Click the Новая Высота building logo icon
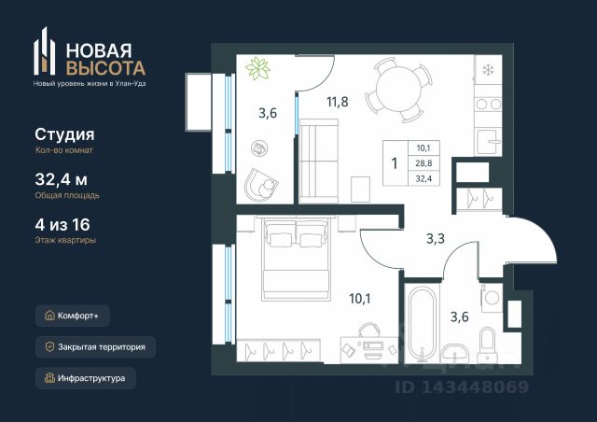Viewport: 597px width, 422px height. point(45,51)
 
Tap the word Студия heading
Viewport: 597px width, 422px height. point(64,134)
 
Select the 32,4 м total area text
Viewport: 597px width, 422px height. point(62,178)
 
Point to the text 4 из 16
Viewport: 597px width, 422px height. point(62,224)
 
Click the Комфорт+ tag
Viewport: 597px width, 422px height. point(73,316)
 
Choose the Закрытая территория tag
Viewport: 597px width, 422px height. point(95,347)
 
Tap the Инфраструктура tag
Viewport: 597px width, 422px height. point(86,378)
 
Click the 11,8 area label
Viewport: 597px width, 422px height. point(338,102)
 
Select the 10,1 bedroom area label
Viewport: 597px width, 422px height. point(360,299)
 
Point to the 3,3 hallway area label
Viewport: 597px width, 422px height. point(436,239)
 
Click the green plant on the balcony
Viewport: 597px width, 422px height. point(257,68)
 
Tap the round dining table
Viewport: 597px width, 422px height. point(398,90)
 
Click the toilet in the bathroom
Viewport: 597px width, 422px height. point(487,344)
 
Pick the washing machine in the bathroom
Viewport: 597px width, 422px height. point(492,298)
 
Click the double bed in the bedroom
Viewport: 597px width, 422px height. point(295,258)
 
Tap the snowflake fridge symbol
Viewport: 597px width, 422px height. point(488,70)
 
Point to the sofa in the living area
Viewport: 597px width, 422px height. point(319,161)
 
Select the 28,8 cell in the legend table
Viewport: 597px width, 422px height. point(423,163)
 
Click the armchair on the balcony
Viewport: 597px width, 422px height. point(261,185)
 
